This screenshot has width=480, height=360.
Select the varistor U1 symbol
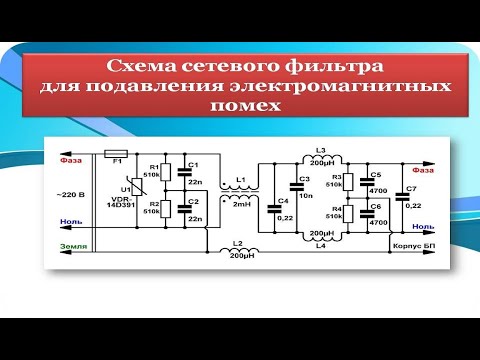pyautogui.click(x=125, y=189)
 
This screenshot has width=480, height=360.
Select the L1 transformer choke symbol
pyautogui.click(x=240, y=193)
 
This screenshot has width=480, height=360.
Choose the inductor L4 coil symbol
pyautogui.click(x=320, y=225)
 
